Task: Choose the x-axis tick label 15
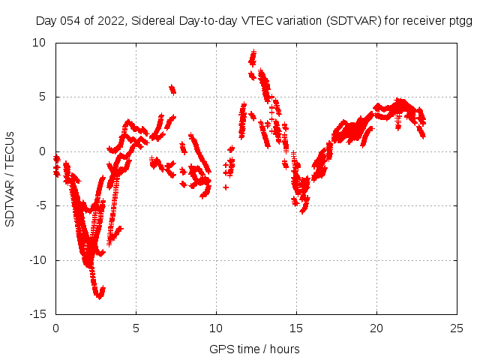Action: [296, 328]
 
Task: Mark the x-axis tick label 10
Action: [216, 328]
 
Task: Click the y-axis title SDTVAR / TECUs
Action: [10, 178]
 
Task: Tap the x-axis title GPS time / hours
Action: [254, 349]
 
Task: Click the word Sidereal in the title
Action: [153, 22]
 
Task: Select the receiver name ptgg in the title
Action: [458, 22]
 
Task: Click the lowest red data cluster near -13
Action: [99, 292]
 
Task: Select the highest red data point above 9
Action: [253, 52]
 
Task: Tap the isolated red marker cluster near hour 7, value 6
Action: [172, 89]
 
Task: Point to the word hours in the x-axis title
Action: [284, 349]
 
